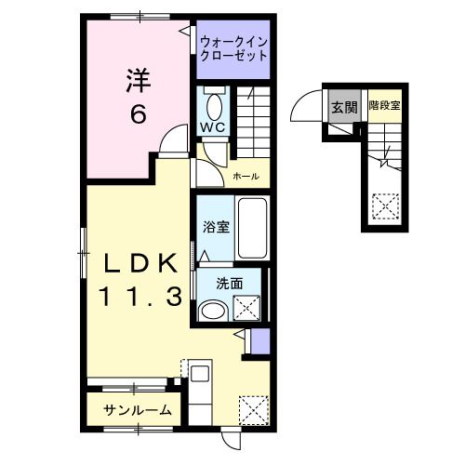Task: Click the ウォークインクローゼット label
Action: (233, 47)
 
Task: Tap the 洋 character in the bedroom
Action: (138, 82)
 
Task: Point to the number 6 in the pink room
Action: (138, 114)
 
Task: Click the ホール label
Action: (246, 176)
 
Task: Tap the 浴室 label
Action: (217, 226)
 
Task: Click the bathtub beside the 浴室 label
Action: (252, 228)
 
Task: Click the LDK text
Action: (139, 264)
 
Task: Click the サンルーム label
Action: (138, 409)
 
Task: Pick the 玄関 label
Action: (343, 106)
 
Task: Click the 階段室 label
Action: (383, 106)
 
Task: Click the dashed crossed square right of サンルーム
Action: (251, 407)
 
